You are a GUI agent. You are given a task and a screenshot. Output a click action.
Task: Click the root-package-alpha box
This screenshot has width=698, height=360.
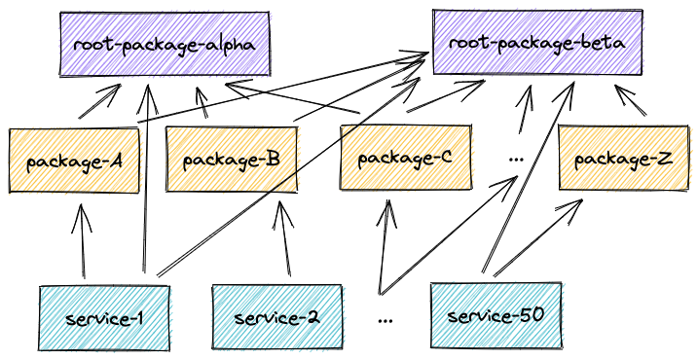[165, 44]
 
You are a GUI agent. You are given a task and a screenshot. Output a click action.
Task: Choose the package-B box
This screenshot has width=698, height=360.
[232, 159]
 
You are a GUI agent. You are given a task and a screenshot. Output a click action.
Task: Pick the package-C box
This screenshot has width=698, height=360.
[405, 157]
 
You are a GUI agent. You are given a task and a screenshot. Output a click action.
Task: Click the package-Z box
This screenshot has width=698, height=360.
[622, 158]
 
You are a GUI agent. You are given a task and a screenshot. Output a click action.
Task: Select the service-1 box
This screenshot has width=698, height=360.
[104, 317]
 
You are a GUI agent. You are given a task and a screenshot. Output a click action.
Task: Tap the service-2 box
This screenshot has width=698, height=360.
[276, 316]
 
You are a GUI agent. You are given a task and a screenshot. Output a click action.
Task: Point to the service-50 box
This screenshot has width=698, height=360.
[496, 315]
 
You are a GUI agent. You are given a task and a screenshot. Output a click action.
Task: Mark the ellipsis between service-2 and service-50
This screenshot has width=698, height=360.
[386, 317]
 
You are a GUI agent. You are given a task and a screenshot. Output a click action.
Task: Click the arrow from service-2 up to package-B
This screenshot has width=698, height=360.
[284, 238]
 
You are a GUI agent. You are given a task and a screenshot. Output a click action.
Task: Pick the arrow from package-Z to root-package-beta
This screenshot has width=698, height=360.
[628, 101]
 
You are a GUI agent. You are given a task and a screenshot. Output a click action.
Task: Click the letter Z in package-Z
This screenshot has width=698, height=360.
[664, 158]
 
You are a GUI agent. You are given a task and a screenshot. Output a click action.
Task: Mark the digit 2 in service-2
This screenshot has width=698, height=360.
[312, 316]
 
